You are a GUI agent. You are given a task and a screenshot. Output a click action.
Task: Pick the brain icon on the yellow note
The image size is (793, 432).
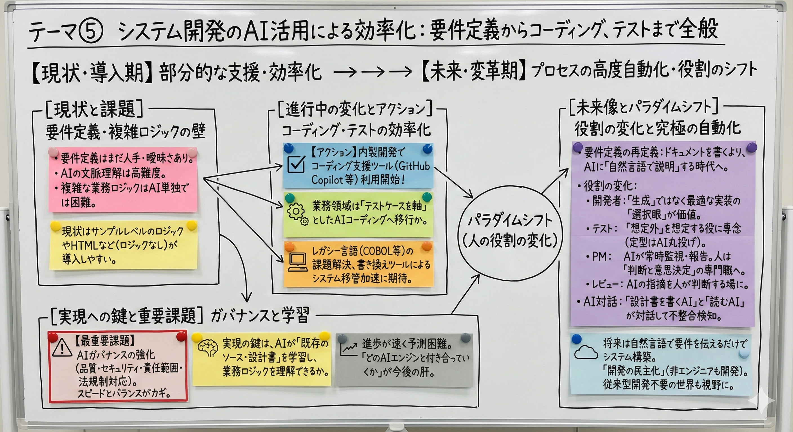(208, 349)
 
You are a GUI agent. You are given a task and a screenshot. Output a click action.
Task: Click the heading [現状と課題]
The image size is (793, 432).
(94, 110)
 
